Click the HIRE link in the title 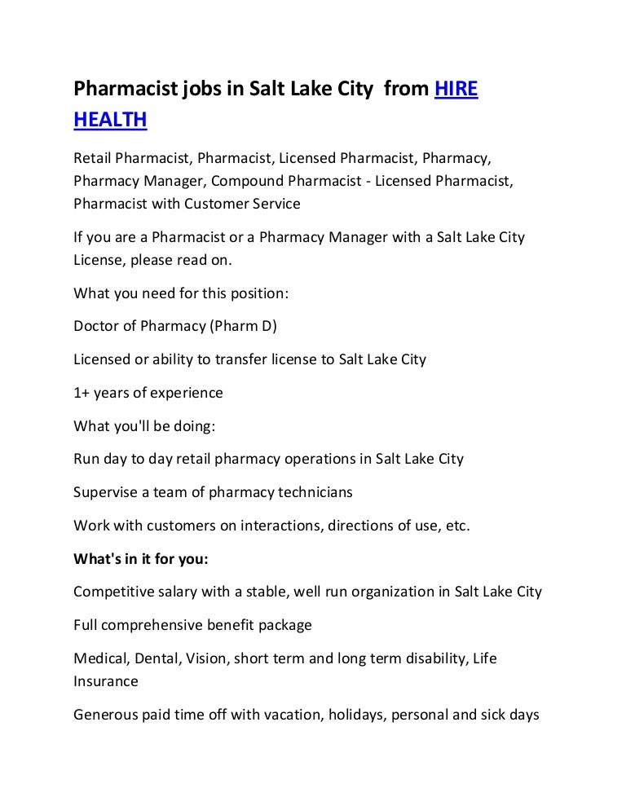pos(456,89)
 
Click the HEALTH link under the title pos(110,120)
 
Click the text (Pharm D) pos(244,326)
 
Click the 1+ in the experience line pos(82,393)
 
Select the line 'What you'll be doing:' pos(144,426)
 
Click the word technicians pos(314,492)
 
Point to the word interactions pos(280,526)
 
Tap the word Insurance pos(106,681)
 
